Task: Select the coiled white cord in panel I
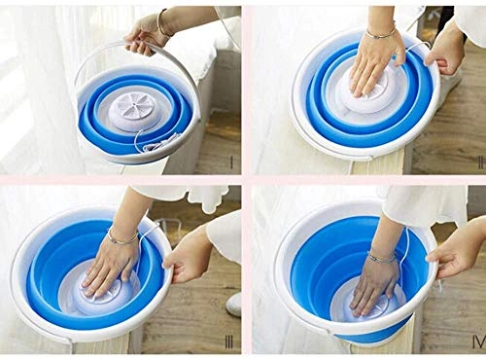pyautogui.click(x=156, y=146)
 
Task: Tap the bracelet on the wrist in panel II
pyautogui.click(x=380, y=34)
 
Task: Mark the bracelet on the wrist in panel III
pyautogui.click(x=122, y=234)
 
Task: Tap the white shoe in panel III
pyautogui.click(x=233, y=304)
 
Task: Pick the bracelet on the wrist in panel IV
pyautogui.click(x=380, y=256)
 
